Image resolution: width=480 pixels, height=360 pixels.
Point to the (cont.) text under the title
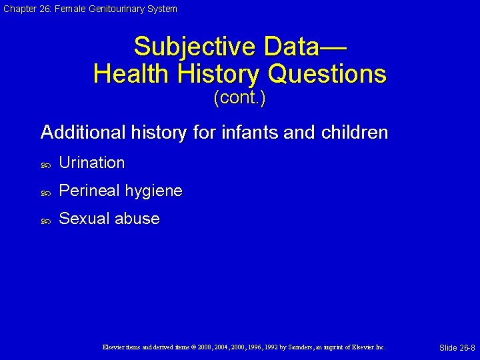coord(239,99)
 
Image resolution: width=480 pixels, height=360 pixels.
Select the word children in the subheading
coord(354,133)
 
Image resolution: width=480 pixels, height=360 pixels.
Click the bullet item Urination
coord(91,163)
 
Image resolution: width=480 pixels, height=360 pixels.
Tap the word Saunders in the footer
coord(297,347)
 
